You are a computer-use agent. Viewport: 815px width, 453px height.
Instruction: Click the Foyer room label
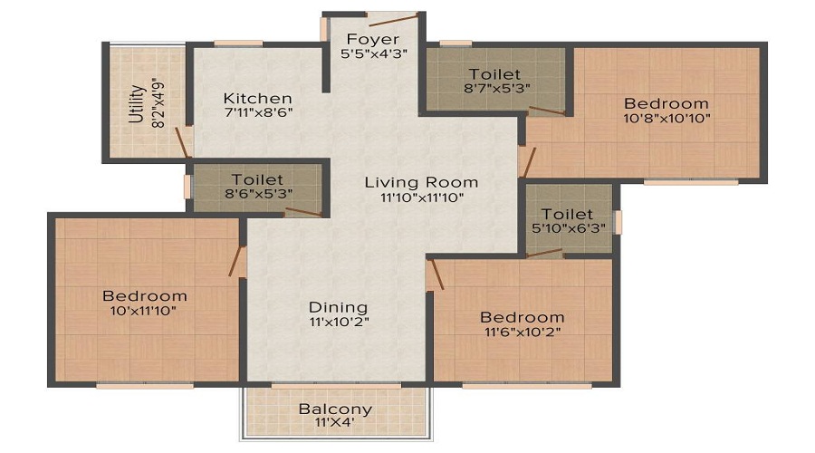(373, 39)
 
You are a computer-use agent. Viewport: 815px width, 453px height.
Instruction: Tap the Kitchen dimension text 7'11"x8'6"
(258, 111)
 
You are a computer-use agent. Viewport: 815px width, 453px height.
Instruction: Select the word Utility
(136, 103)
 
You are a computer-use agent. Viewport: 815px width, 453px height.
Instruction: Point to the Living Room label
(421, 182)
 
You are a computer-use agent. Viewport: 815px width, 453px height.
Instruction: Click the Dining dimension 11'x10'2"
(339, 322)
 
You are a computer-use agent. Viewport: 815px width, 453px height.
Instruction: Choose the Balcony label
(335, 410)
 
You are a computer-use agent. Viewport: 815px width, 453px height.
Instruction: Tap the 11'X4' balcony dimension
(335, 422)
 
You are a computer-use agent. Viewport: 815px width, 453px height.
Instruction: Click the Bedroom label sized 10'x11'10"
(145, 296)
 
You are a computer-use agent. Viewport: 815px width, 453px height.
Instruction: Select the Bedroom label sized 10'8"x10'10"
(666, 103)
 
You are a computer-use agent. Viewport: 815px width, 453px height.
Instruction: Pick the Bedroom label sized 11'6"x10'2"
(522, 317)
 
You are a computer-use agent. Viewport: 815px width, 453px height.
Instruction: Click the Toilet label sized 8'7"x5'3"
(494, 74)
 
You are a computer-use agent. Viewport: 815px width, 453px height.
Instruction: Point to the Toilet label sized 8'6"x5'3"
(257, 179)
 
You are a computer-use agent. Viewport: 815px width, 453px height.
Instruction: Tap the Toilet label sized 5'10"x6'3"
(567, 214)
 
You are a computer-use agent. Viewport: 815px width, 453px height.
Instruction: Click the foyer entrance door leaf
(393, 20)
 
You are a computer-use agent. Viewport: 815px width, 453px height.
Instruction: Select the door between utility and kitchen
(182, 142)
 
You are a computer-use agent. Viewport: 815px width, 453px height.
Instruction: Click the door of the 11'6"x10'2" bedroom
(436, 275)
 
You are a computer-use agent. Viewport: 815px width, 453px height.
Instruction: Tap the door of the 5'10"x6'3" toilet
(544, 253)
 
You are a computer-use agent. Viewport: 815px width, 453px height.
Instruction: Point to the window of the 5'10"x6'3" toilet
(618, 222)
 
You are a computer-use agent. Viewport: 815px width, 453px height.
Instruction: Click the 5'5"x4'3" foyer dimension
(374, 53)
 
